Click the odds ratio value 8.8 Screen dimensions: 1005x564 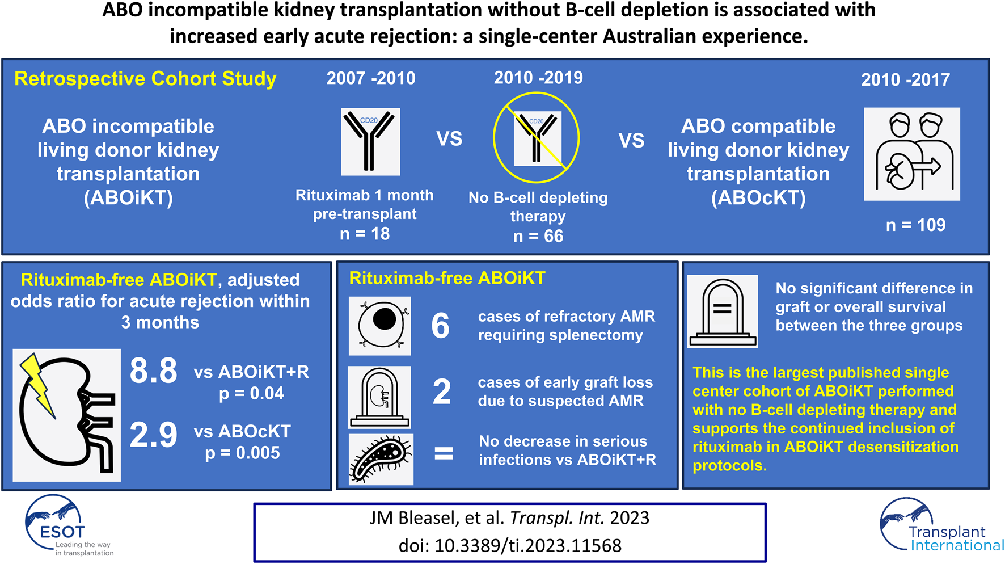click(x=153, y=371)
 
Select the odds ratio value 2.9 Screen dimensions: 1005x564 click(x=153, y=435)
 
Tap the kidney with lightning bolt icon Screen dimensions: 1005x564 click(x=67, y=415)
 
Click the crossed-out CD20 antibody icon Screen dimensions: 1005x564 click(x=536, y=138)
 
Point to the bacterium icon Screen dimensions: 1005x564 click(x=381, y=459)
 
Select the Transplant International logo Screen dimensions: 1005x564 click(x=941, y=525)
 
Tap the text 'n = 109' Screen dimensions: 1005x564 click(x=915, y=225)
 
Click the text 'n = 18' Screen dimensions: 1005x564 click(x=365, y=234)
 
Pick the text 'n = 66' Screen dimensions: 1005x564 click(x=538, y=236)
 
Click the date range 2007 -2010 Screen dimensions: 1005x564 click(x=371, y=78)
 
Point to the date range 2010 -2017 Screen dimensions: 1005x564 click(x=906, y=79)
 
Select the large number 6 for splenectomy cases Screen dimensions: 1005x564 click(x=441, y=326)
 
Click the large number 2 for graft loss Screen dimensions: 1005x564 click(x=442, y=392)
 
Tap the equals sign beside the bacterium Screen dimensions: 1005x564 click(x=444, y=453)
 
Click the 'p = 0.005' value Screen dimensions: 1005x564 click(x=243, y=453)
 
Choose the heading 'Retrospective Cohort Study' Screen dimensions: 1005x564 click(x=145, y=78)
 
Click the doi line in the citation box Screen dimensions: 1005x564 click(x=510, y=546)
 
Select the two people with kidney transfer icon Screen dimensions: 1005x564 click(x=912, y=154)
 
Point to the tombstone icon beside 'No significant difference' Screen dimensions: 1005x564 click(x=723, y=311)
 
